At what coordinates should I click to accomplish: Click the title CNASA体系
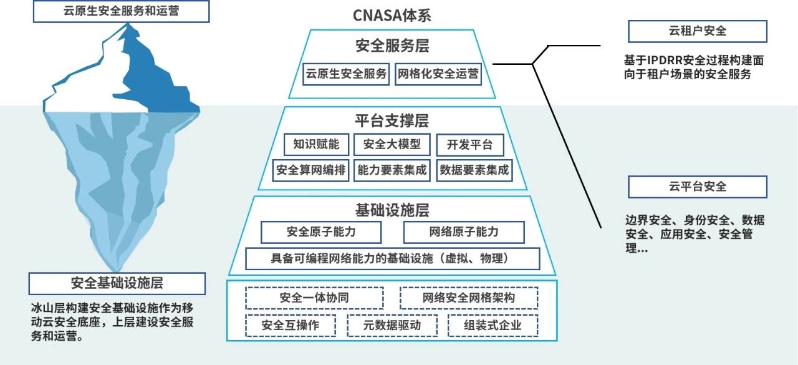point(392,16)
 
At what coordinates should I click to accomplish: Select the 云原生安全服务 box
point(346,74)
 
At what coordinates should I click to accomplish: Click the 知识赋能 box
point(316,145)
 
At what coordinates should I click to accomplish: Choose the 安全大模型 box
point(392,145)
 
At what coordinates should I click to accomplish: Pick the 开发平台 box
point(469,145)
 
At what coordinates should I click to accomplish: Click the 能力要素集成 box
point(392,170)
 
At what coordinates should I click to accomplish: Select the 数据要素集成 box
point(474,170)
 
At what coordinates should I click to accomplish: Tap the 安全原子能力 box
point(321,232)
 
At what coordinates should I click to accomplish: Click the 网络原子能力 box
point(464,232)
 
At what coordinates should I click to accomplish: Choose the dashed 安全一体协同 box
point(314,298)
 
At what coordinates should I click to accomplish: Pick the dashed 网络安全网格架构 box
point(468,298)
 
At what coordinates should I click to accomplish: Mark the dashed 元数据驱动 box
point(392,325)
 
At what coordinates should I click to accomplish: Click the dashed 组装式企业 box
point(493,325)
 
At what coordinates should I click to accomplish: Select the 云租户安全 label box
point(697,31)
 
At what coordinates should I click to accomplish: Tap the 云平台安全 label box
point(697,187)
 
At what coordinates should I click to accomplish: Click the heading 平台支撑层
point(392,120)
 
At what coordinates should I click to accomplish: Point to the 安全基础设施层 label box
point(117,283)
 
